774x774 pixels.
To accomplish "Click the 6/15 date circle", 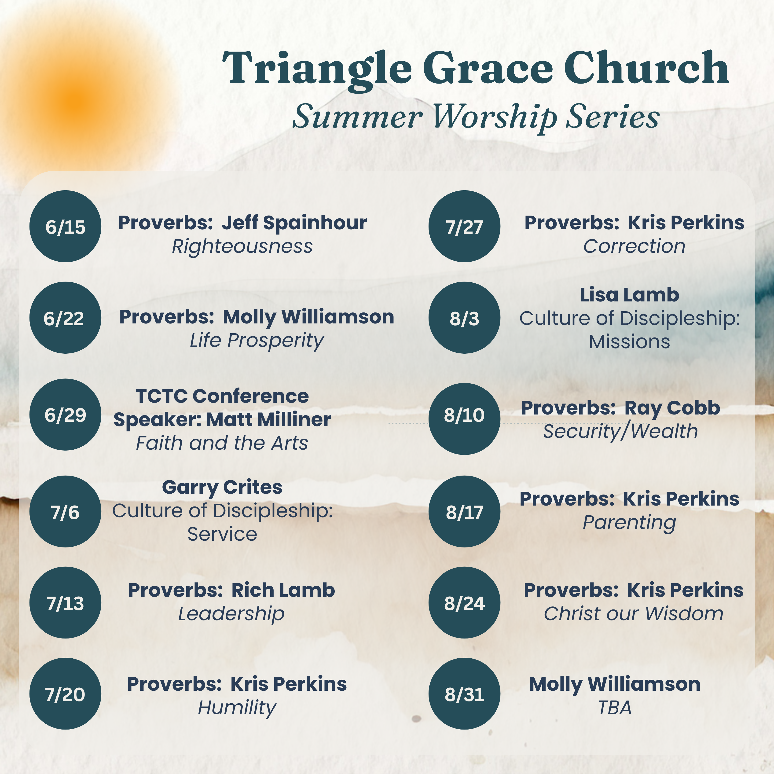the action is (x=65, y=226).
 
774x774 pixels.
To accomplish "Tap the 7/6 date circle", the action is (x=65, y=512).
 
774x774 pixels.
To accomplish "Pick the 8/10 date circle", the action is (x=464, y=419).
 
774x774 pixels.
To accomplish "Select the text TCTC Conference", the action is (x=222, y=396).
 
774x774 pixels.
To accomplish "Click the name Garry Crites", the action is (x=222, y=488).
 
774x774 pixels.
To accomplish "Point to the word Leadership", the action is (x=231, y=614).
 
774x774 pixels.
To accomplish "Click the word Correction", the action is (x=634, y=246).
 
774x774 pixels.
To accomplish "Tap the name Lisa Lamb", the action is (x=629, y=295).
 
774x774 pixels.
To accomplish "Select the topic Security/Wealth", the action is (x=620, y=431).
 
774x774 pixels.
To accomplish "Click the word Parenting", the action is (x=629, y=523).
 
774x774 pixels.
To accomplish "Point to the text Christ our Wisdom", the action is (x=633, y=614).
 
